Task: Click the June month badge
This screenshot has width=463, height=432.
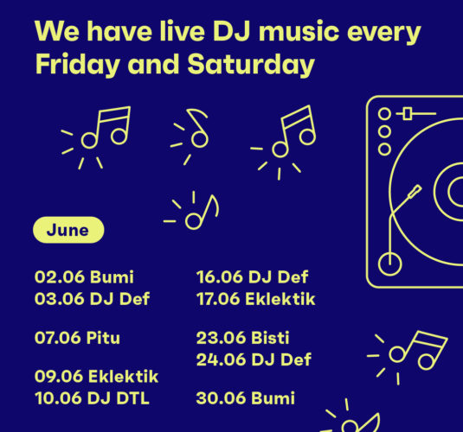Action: click(x=68, y=230)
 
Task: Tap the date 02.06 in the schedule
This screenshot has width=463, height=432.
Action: click(x=60, y=276)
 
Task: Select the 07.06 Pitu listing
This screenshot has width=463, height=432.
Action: click(x=77, y=338)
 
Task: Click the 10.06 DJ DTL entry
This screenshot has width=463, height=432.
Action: click(x=92, y=398)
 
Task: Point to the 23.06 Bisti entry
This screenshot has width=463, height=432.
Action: click(x=242, y=338)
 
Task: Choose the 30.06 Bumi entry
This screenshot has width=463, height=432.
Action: click(x=246, y=398)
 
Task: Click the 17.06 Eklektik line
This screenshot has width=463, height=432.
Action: click(x=255, y=299)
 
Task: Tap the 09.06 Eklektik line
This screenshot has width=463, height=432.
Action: click(x=97, y=376)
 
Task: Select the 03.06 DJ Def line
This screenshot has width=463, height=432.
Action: click(x=92, y=299)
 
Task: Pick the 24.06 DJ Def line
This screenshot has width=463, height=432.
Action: click(x=254, y=359)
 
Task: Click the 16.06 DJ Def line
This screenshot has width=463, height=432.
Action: click(x=252, y=276)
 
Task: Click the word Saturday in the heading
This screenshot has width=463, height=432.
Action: click(x=251, y=65)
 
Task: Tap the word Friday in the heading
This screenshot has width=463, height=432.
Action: click(x=78, y=65)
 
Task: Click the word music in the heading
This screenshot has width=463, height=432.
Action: click(x=299, y=31)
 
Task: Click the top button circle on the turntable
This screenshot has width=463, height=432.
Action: click(x=384, y=114)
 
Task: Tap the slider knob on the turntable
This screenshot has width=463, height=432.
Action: click(x=408, y=113)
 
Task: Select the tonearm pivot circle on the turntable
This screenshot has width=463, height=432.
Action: click(x=389, y=264)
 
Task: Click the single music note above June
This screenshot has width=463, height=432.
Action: click(x=196, y=211)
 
